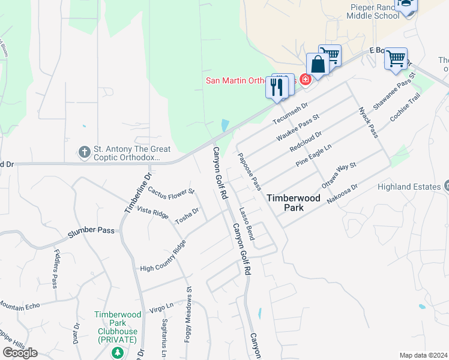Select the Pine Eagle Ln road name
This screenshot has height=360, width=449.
tap(313, 155)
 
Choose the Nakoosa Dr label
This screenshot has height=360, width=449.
tap(342, 193)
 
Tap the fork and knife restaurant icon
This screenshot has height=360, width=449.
tap(276, 88)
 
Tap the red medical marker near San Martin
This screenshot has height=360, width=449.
tap(305, 79)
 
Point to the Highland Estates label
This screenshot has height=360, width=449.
tap(409, 187)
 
